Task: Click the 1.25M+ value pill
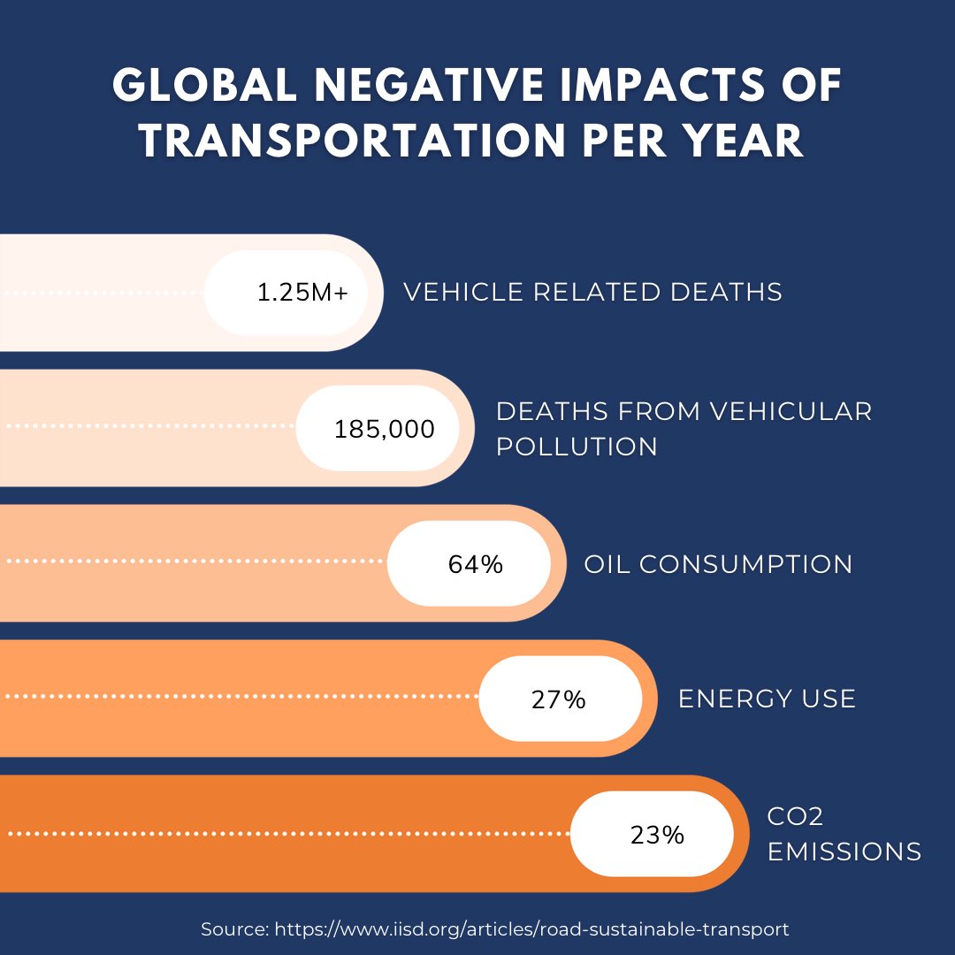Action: [x=286, y=293]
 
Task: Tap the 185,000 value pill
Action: [x=378, y=428]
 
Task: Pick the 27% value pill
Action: [x=561, y=699]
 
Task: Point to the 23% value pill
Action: [x=653, y=834]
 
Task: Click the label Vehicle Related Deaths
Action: [x=592, y=292]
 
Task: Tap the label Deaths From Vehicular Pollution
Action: [x=684, y=428]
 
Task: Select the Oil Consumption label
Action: [x=718, y=563]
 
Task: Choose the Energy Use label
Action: [x=767, y=699]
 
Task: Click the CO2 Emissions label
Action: [x=844, y=834]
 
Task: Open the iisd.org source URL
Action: [x=531, y=929]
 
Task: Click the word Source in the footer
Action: [x=233, y=929]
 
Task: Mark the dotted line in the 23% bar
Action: [x=287, y=834]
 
